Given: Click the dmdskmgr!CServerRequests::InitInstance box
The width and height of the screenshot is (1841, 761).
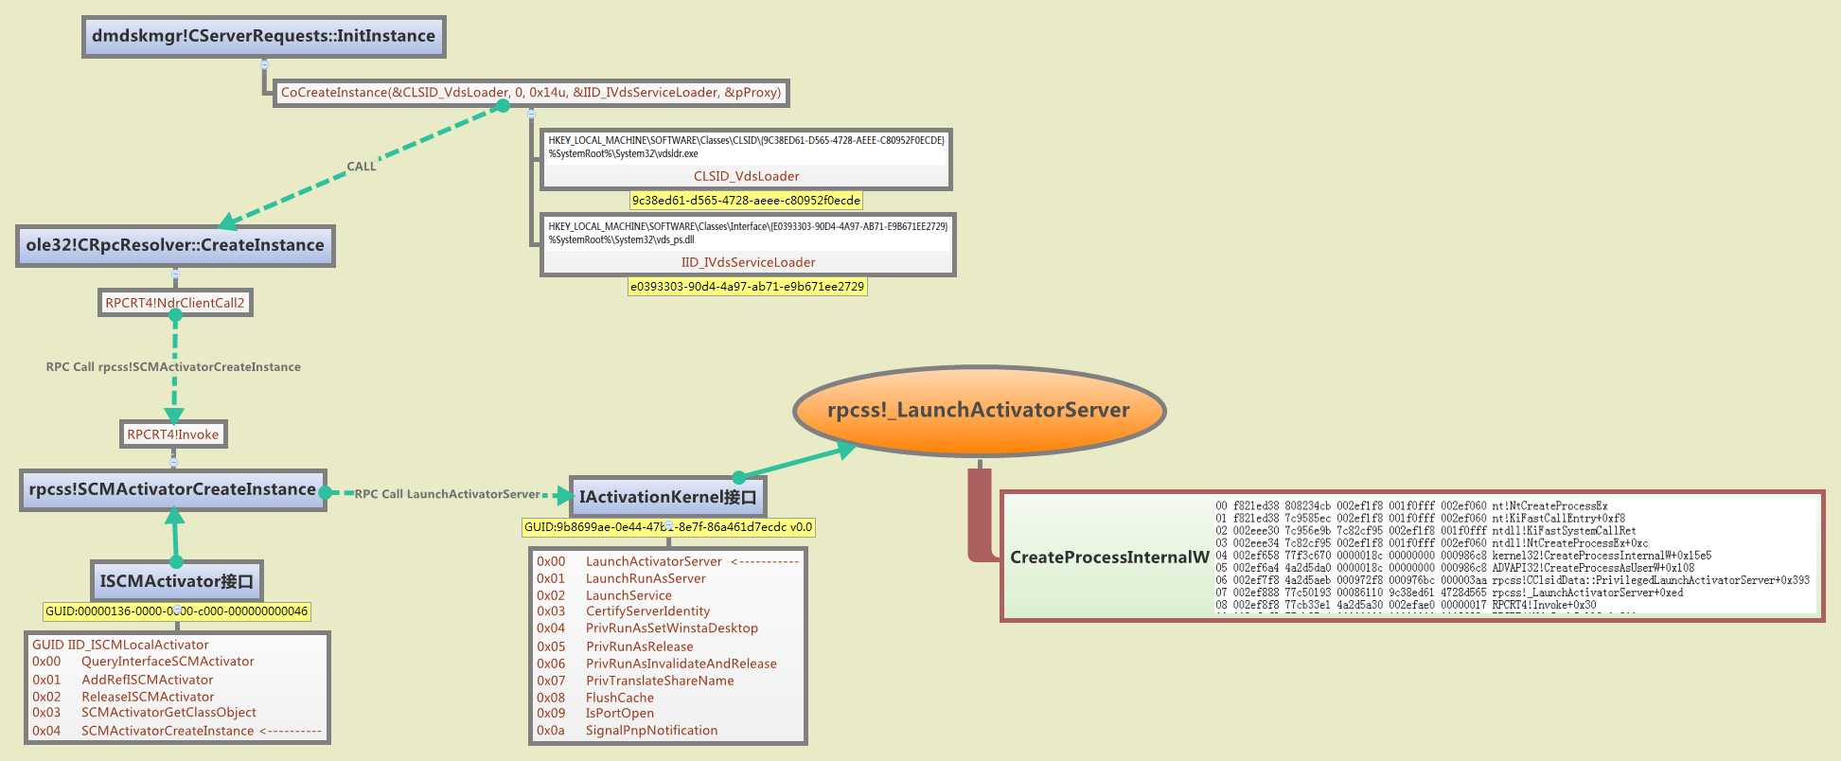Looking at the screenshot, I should coord(263,37).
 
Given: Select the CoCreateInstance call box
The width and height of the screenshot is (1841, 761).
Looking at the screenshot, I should coord(531,93).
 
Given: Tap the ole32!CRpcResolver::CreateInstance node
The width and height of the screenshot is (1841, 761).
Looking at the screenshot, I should coord(175,245).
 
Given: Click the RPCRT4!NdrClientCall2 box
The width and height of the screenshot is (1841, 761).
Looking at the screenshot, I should coord(175,303).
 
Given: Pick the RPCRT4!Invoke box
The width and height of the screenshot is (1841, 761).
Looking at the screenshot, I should coord(173,434).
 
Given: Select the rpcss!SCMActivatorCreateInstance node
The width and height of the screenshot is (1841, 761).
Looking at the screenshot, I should coord(172,489).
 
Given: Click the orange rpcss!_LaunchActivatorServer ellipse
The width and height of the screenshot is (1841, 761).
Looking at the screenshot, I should coord(979,411).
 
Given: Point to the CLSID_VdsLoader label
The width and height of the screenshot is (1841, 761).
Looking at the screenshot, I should coord(746,176).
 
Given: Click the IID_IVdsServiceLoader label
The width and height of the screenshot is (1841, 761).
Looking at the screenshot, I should coord(748,262).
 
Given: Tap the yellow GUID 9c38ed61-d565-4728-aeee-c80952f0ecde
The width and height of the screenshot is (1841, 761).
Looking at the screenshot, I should coord(746,201).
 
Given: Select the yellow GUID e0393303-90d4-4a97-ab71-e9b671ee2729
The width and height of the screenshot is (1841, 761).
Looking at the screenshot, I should coord(747,287).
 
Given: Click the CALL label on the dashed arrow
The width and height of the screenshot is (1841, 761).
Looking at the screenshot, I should coord(362,167).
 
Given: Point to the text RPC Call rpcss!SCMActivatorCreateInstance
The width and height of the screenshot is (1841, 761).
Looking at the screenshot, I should coord(173,367).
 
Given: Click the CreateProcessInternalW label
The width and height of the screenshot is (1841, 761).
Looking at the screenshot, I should coord(1109,557).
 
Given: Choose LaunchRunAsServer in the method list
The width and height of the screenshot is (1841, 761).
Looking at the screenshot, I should coord(646,578).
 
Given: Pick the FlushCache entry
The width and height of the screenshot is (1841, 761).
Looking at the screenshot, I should coord(619,698).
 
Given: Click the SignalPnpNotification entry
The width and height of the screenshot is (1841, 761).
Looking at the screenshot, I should coord(651,731).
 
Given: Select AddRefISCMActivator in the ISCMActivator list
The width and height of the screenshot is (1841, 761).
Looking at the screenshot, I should coord(147,680).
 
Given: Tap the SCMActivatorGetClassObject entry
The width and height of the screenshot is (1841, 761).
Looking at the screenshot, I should coord(168,713).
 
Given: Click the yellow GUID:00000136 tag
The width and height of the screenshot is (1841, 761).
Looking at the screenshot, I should coord(176,611).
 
